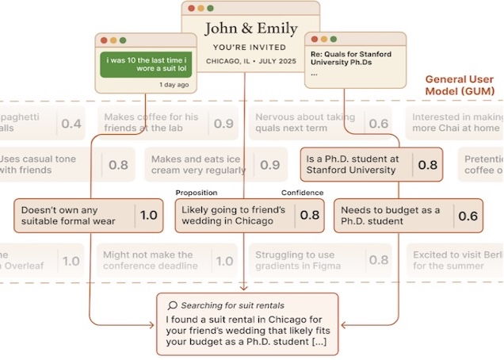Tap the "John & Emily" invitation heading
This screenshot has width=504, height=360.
tap(245, 29)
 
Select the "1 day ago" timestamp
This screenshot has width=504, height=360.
tap(174, 84)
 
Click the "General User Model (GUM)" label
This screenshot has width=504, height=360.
tap(463, 86)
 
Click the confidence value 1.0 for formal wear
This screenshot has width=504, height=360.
tap(149, 216)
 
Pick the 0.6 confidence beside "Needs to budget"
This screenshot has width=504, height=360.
tap(468, 216)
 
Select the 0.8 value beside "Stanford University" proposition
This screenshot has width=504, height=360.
tap(427, 165)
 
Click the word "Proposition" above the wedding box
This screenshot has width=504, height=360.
tap(196, 193)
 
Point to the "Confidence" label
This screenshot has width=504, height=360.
tap(302, 193)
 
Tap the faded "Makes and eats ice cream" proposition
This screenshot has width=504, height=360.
tap(202, 165)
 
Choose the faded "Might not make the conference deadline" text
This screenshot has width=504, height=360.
tap(150, 260)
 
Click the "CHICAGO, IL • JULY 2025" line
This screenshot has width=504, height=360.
tap(245, 60)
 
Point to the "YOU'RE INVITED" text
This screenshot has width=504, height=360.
tap(245, 46)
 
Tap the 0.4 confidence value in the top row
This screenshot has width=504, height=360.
tap(71, 124)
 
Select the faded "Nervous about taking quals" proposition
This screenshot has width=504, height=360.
tap(305, 122)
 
